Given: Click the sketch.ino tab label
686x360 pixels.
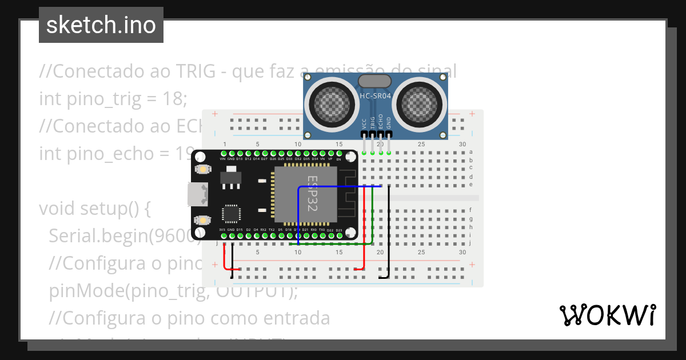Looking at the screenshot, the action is pyautogui.click(x=101, y=25).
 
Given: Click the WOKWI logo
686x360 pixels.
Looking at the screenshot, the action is pyautogui.click(x=607, y=315).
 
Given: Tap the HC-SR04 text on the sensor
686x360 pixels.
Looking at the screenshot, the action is pyautogui.click(x=375, y=96).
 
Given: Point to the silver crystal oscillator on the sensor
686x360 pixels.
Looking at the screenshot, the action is pyautogui.click(x=374, y=81).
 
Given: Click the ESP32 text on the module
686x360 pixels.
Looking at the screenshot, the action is pyautogui.click(x=312, y=194).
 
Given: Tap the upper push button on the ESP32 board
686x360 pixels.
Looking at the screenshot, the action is pyautogui.click(x=202, y=169).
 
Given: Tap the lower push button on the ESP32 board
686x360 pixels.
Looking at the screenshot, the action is pyautogui.click(x=202, y=220).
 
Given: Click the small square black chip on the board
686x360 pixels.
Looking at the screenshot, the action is pyautogui.click(x=232, y=214).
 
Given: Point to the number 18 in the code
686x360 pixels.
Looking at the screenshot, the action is pyautogui.click(x=176, y=99).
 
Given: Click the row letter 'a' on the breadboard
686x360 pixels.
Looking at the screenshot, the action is pyautogui.click(x=470, y=152).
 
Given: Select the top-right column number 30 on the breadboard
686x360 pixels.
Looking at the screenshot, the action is pyautogui.click(x=462, y=144).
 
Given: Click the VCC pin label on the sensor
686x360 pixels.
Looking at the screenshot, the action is pyautogui.click(x=364, y=124).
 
